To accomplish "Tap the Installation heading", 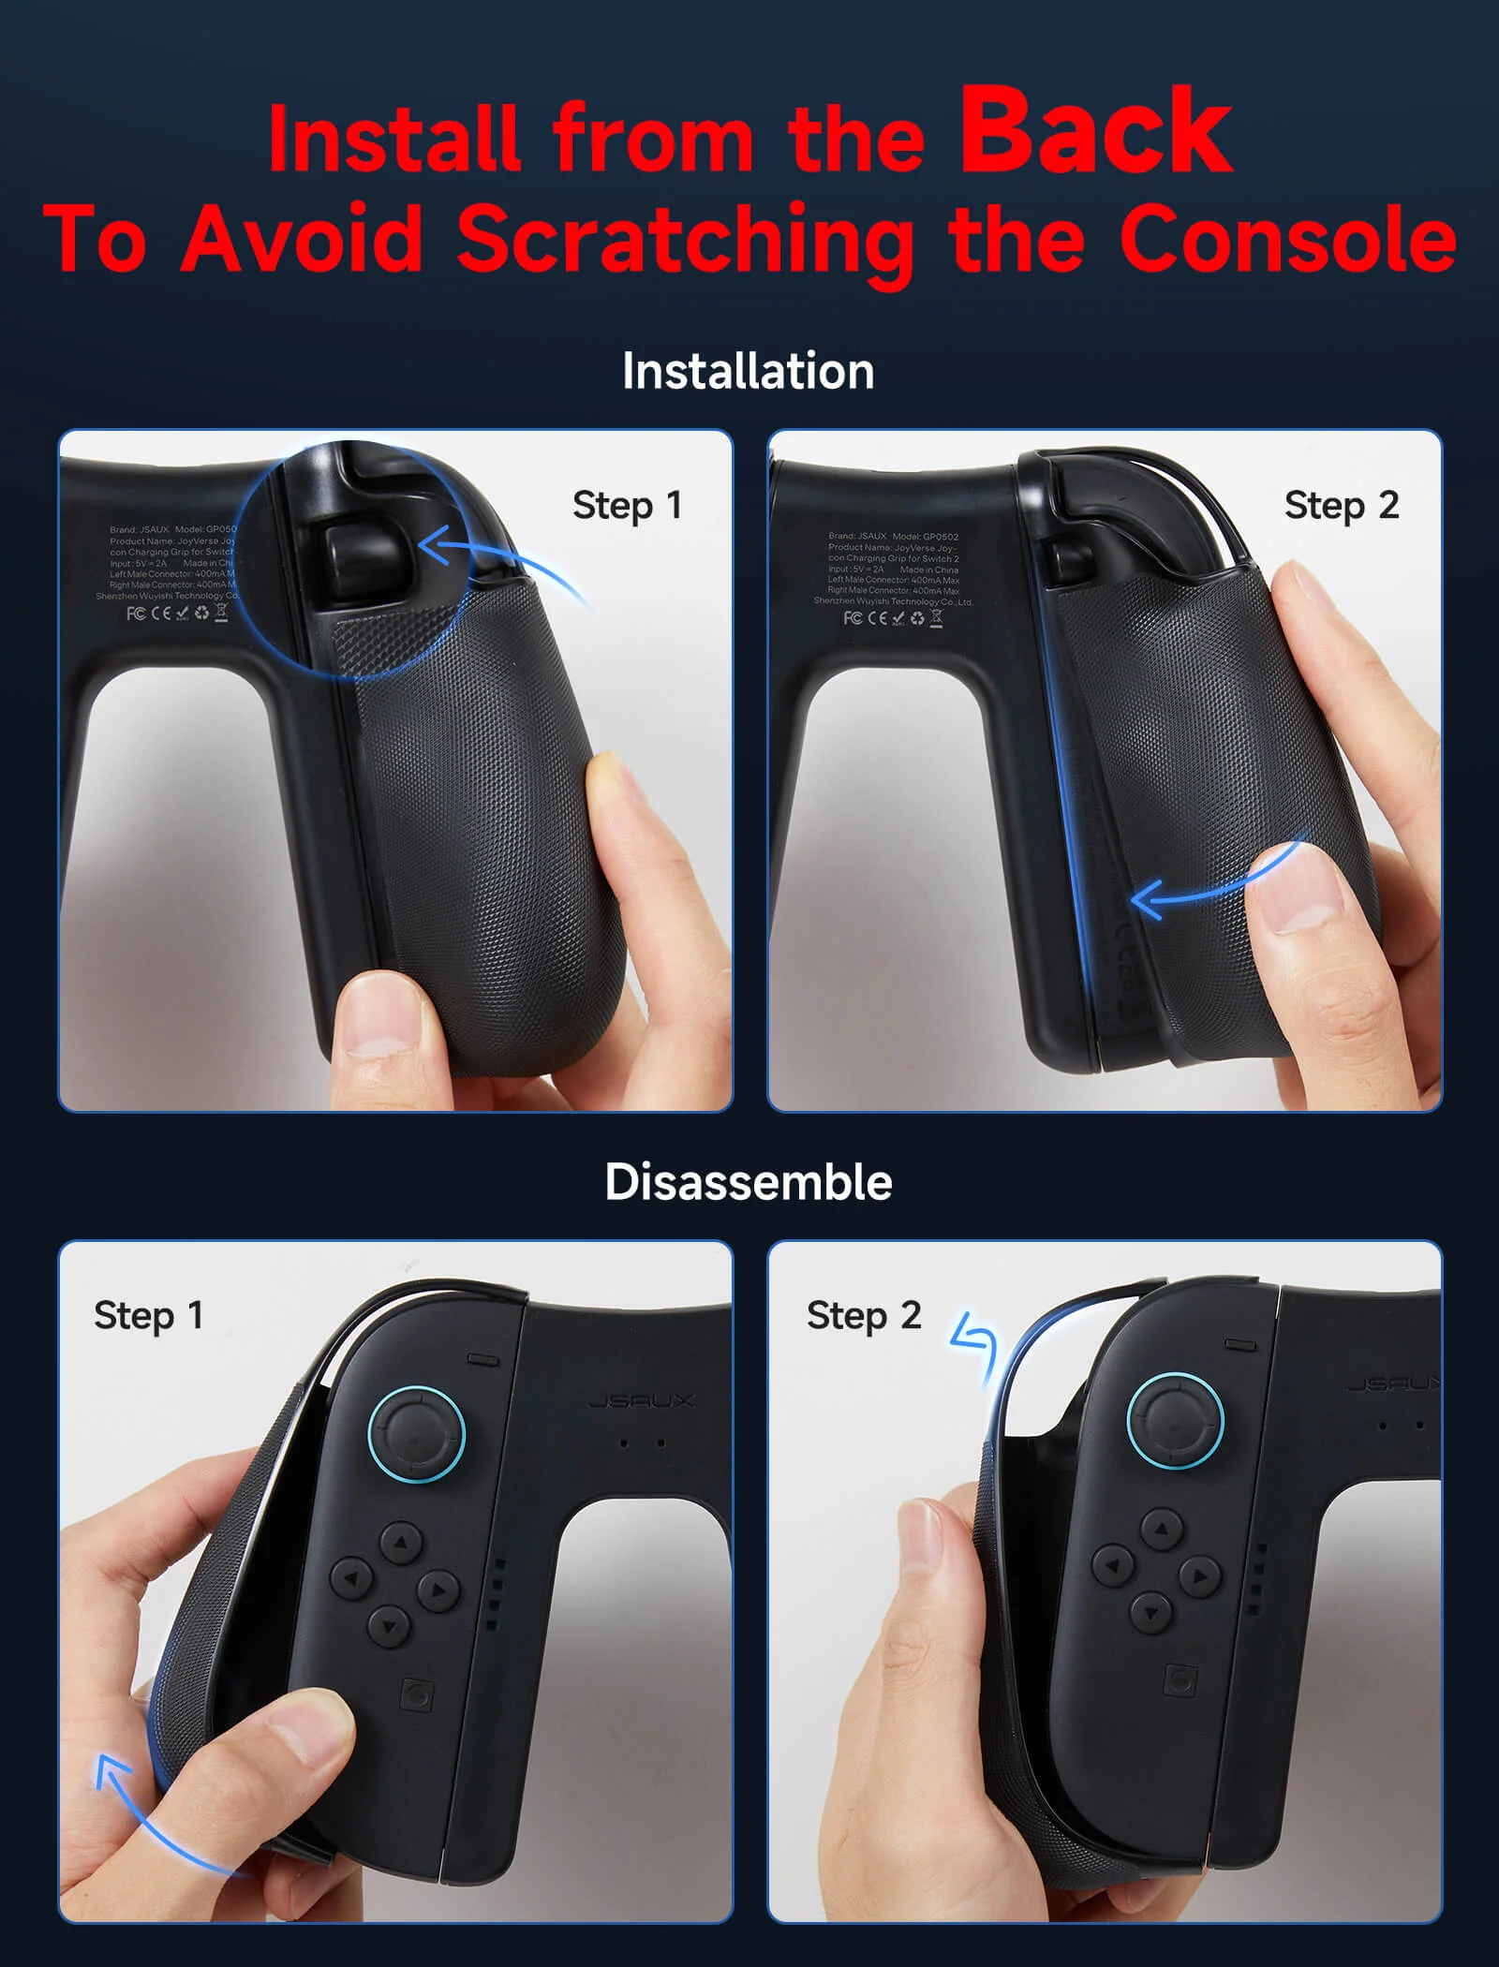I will coord(748,371).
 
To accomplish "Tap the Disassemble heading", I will coord(748,1182).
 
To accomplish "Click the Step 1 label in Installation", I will coord(626,506).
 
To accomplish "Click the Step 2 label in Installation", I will coord(1341,506).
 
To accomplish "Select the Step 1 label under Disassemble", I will coord(148,1316).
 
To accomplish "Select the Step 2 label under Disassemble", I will coord(863,1316).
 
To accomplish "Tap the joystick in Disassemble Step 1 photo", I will coord(416,1433).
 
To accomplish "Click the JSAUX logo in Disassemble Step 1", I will coord(642,1401).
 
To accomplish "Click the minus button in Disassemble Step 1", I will coord(482,1358).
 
